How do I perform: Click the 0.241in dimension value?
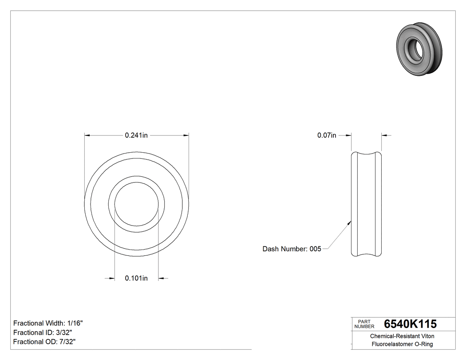[x=136, y=135]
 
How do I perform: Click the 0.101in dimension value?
[x=136, y=278]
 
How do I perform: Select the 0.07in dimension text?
[x=327, y=135]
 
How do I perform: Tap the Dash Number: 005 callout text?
[x=292, y=249]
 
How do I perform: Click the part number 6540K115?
[x=410, y=324]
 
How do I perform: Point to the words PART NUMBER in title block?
[x=364, y=324]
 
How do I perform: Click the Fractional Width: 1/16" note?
[x=48, y=323]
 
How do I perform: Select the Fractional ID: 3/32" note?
[x=43, y=332]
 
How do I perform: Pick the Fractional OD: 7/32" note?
[x=44, y=342]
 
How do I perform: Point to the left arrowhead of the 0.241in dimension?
[x=87, y=135]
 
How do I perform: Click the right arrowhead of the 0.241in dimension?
[x=186, y=135]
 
